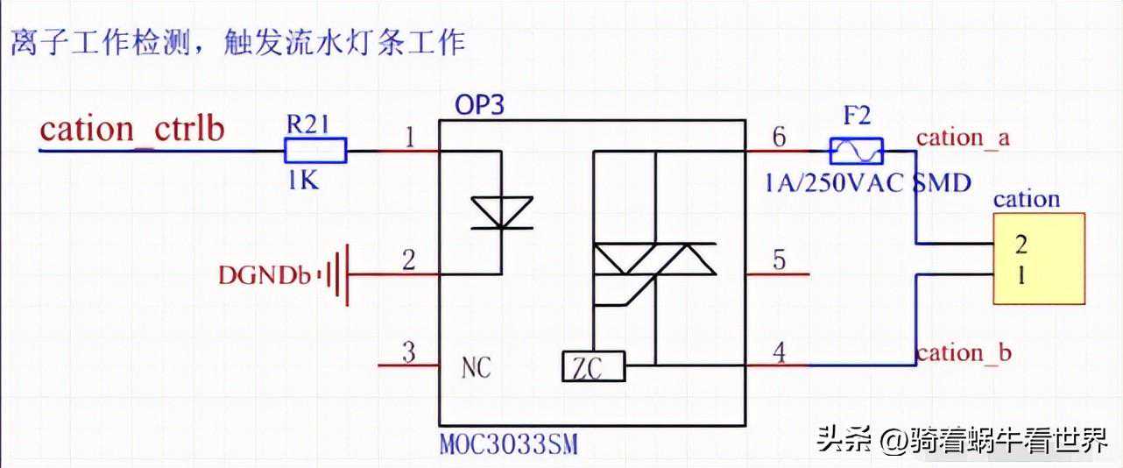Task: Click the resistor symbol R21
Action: click(315, 151)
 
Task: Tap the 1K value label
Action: click(302, 181)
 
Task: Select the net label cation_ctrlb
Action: click(132, 130)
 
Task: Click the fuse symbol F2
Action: click(856, 151)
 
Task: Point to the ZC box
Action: click(593, 366)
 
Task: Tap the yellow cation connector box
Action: click(1038, 259)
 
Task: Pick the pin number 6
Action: click(779, 137)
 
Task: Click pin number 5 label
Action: click(779, 260)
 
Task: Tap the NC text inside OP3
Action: click(477, 367)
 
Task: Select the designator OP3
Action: click(479, 105)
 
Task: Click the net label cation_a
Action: click(963, 138)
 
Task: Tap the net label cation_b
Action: click(964, 352)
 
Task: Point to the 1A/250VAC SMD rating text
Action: click(867, 183)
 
